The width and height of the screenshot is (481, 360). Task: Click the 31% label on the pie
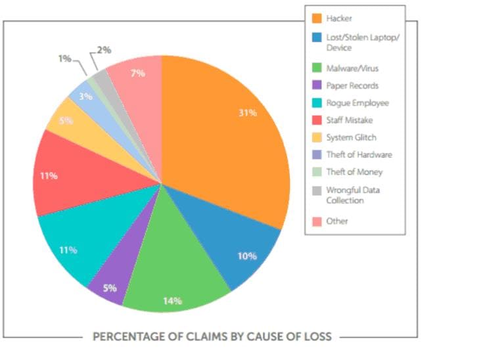(x=248, y=112)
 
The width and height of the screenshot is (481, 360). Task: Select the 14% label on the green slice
(x=172, y=301)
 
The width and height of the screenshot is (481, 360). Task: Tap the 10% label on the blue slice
(x=247, y=256)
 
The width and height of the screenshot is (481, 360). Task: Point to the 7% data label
(x=138, y=74)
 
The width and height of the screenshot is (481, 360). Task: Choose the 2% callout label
(x=104, y=50)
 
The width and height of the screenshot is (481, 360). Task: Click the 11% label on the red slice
(x=49, y=176)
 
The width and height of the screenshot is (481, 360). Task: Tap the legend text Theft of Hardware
(x=359, y=154)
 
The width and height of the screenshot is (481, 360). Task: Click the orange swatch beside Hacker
(x=316, y=18)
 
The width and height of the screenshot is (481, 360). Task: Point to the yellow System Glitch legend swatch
(x=316, y=137)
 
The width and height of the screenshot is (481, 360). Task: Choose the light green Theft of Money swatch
(x=316, y=171)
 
